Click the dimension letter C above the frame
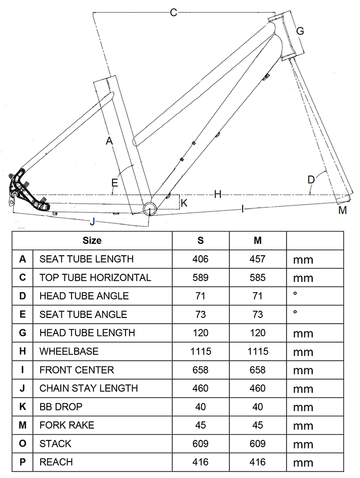click(173, 12)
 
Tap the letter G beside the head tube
click(300, 31)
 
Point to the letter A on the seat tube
click(109, 140)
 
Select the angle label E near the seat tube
click(115, 183)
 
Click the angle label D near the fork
click(311, 180)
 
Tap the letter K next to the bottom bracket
click(184, 203)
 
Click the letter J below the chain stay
click(93, 222)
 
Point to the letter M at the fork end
click(343, 210)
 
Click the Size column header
click(92, 240)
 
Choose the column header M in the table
click(258, 240)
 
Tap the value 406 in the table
click(201, 259)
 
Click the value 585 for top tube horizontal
click(258, 277)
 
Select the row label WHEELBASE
click(69, 351)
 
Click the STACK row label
click(55, 444)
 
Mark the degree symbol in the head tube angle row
click(295, 294)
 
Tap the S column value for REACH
click(201, 462)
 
